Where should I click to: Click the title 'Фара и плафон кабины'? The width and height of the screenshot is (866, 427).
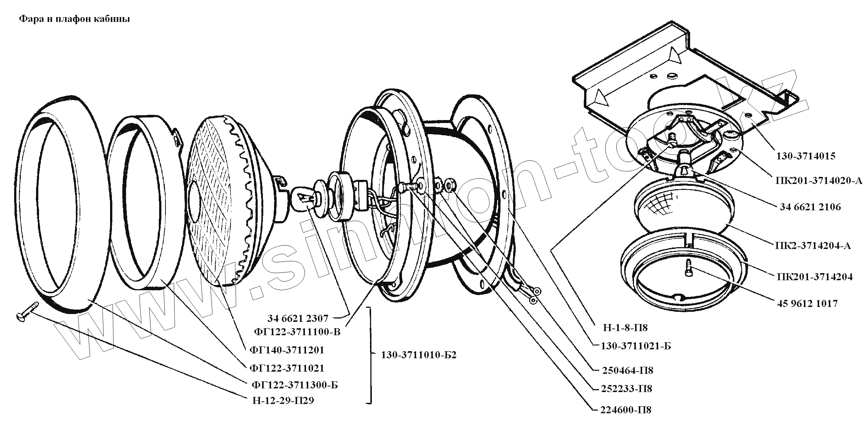(74, 19)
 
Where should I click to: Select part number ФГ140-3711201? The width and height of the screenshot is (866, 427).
(287, 350)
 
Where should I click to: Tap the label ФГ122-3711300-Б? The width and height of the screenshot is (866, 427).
(294, 385)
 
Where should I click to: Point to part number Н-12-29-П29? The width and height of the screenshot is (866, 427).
(283, 401)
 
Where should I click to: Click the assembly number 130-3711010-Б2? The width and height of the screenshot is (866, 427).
(418, 355)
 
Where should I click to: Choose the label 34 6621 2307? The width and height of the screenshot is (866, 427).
(298, 318)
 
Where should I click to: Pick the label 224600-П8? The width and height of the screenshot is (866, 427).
(626, 410)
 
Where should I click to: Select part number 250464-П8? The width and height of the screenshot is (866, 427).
(627, 371)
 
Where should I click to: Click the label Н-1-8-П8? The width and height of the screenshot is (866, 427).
(625, 327)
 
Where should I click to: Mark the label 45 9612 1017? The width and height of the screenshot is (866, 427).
(807, 304)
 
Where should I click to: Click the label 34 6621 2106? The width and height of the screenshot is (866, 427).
(810, 207)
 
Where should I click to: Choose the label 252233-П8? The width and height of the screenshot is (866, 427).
(627, 389)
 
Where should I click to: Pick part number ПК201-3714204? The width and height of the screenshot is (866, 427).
(814, 277)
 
